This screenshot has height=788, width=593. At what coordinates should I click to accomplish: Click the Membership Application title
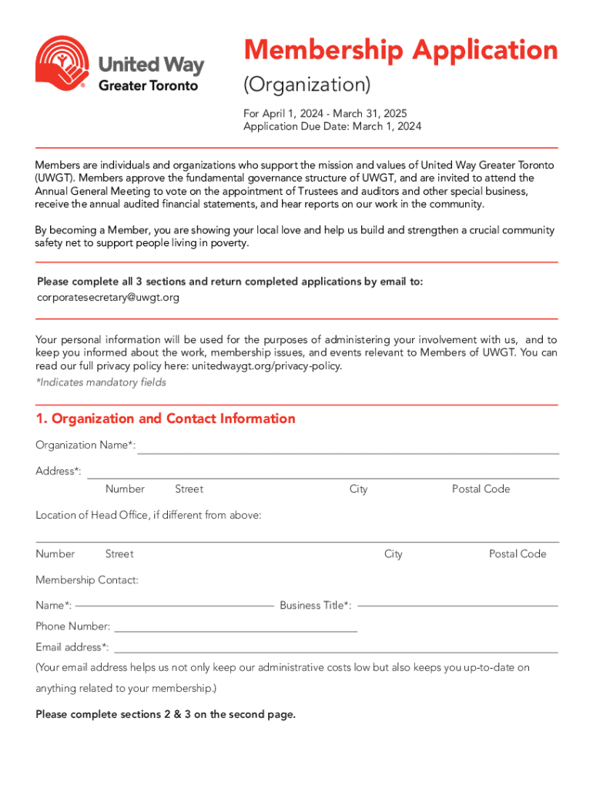tap(400, 51)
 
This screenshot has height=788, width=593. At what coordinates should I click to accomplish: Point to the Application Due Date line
tap(332, 126)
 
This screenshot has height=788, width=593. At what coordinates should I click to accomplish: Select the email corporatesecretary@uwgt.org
tap(108, 297)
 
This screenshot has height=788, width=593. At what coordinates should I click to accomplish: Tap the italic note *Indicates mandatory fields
tap(100, 382)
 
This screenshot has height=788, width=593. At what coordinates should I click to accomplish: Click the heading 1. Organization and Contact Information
tap(166, 419)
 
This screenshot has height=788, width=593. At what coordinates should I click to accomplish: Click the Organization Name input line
tap(347, 452)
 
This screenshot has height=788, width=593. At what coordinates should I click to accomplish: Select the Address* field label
tap(58, 471)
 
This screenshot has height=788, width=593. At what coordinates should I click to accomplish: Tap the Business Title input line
tap(457, 605)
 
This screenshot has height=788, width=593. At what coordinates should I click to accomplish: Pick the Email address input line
tap(336, 651)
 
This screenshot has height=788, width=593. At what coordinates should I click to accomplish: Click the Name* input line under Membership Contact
tap(175, 605)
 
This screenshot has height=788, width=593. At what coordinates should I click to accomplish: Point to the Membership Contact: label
tap(87, 579)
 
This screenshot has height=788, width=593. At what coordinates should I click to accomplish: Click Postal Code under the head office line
tap(518, 554)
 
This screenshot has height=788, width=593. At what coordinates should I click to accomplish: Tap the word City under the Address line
tap(358, 489)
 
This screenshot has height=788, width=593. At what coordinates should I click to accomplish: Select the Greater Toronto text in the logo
tap(148, 85)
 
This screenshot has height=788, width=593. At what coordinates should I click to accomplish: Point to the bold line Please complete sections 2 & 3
tap(166, 714)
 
